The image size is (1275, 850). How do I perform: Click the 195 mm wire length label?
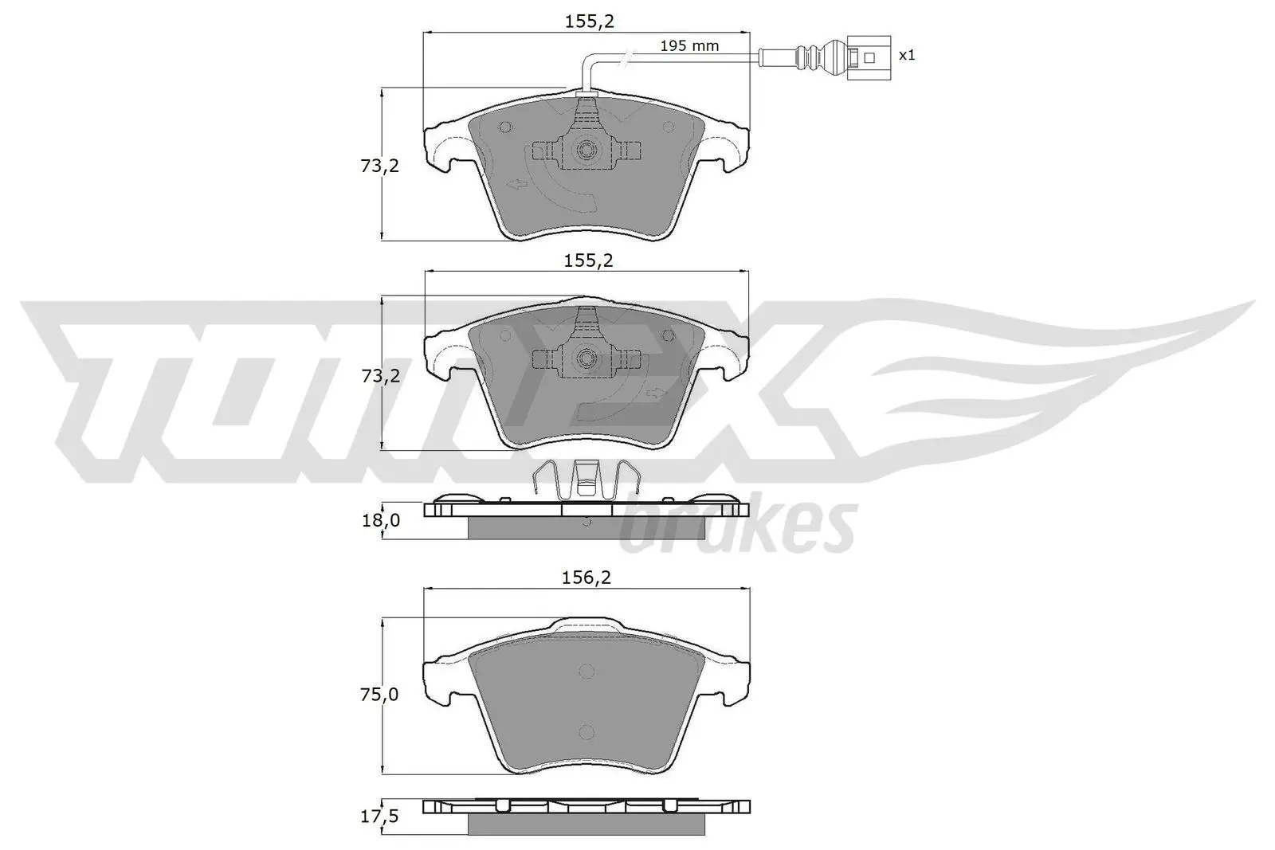689,46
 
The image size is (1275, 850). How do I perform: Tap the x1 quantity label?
907,55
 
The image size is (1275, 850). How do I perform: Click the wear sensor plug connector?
865,57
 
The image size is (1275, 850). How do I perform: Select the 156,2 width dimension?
587,578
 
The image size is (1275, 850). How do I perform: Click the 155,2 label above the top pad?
589,22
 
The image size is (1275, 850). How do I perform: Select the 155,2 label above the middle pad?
589,260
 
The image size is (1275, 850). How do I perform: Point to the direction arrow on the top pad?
518,186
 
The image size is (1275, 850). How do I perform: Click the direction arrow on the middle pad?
657,393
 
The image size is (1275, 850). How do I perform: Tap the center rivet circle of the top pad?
587,149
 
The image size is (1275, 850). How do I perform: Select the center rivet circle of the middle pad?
587,358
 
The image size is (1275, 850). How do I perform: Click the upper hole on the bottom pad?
586,672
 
